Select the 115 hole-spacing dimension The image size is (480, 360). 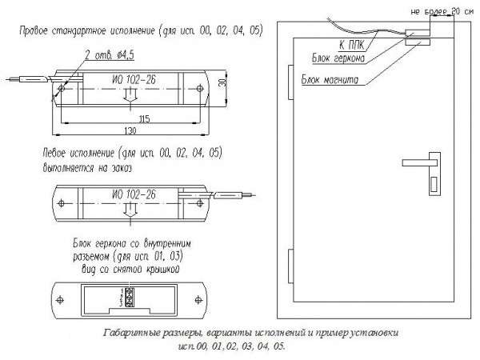tap(144, 118)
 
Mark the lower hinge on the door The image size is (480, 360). tap(287, 261)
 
